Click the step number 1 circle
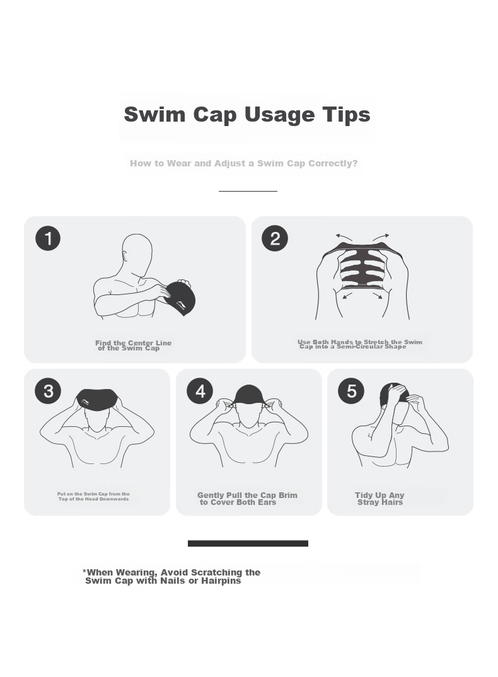point(48,238)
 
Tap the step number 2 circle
point(275,238)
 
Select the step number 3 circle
point(48,391)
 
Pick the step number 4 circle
point(200,391)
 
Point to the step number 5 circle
point(351,391)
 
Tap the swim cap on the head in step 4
point(248,395)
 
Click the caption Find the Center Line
point(134,343)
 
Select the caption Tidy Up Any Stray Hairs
point(379,499)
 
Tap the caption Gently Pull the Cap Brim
point(248,495)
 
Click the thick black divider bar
point(248,543)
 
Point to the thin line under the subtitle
point(248,191)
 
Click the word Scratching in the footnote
point(217,573)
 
